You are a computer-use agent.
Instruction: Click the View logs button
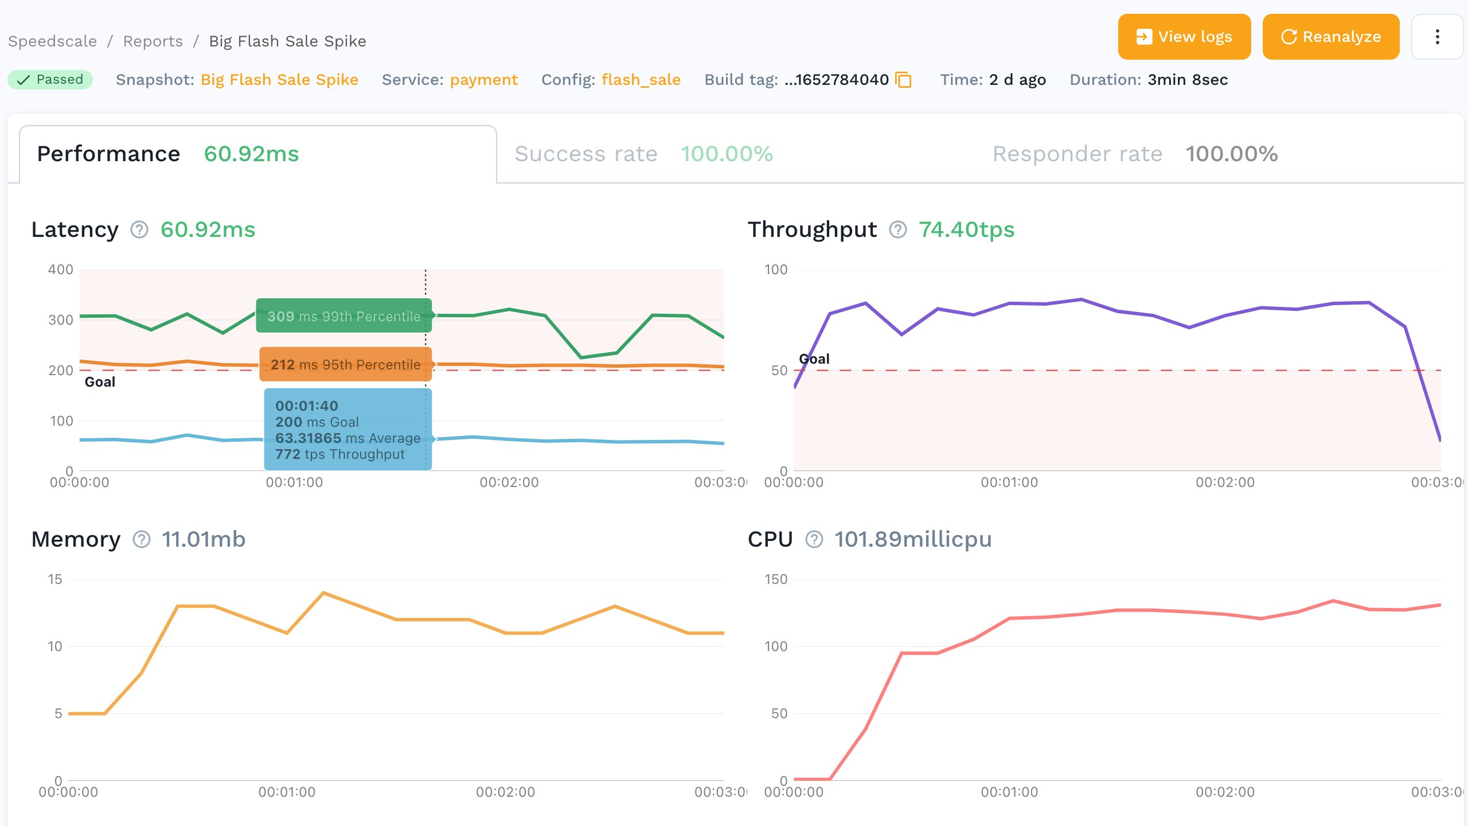1184,37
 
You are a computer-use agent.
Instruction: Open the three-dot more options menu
1437,37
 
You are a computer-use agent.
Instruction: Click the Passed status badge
50,80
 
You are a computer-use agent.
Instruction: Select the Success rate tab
643,154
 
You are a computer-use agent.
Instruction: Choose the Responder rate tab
1135,154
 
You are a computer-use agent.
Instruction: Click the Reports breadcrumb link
153,41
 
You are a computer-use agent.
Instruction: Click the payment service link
483,80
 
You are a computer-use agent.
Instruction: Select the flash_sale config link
641,80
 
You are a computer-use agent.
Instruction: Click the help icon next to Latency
139,229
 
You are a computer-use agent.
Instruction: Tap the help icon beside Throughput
897,229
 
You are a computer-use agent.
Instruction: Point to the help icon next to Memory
142,539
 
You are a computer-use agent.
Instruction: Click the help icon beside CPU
814,539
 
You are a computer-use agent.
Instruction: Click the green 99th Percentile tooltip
343,316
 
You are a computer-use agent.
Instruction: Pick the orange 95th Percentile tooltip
345,364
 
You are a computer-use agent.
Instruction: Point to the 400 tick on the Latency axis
61,270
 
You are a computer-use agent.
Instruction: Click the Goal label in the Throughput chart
814,359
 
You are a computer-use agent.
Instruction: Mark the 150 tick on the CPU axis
776,579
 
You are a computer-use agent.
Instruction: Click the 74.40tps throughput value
966,229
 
